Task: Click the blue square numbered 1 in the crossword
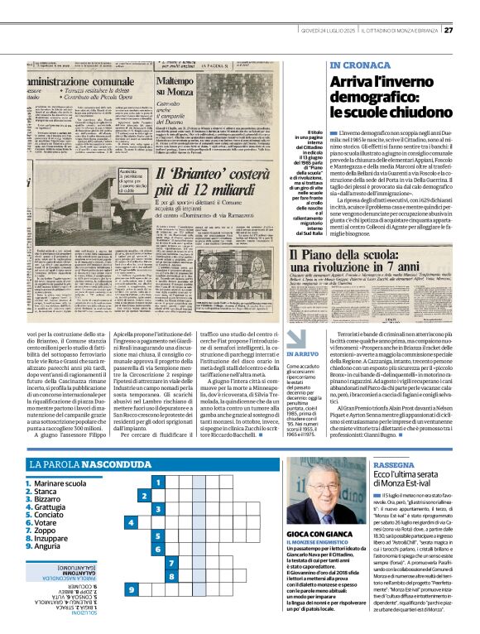click(155, 481)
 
